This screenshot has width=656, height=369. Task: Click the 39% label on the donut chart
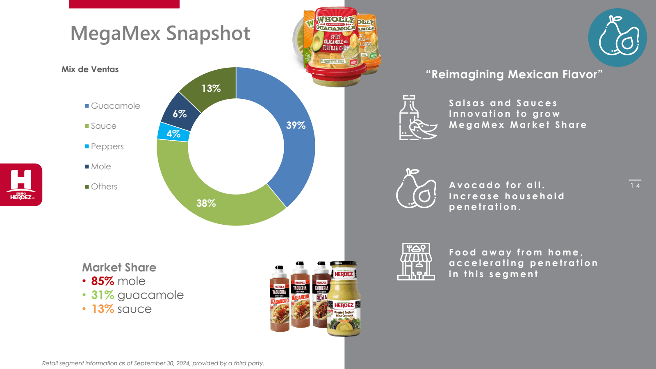click(x=296, y=125)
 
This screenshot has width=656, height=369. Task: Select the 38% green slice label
click(x=206, y=203)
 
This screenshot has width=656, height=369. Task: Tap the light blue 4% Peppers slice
click(x=173, y=134)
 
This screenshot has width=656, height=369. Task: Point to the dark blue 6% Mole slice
click(x=180, y=114)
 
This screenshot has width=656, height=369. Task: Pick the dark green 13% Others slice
click(x=211, y=89)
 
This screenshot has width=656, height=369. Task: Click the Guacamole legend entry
click(x=115, y=106)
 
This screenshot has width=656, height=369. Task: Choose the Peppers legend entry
click(x=107, y=146)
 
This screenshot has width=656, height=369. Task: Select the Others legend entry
click(x=104, y=187)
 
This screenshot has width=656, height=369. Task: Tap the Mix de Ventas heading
click(x=90, y=69)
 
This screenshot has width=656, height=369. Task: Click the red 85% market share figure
click(x=102, y=281)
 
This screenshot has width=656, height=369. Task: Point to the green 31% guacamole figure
click(x=102, y=295)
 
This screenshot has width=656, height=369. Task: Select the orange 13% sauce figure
click(x=102, y=309)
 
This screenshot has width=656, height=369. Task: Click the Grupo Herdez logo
click(x=21, y=185)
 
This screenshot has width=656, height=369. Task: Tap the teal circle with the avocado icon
click(x=617, y=37)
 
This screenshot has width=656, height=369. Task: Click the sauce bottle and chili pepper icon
click(x=417, y=118)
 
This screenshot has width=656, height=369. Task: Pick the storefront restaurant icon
click(x=416, y=261)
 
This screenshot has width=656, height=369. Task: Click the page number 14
click(x=635, y=186)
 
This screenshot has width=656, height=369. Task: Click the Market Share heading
click(x=119, y=267)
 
